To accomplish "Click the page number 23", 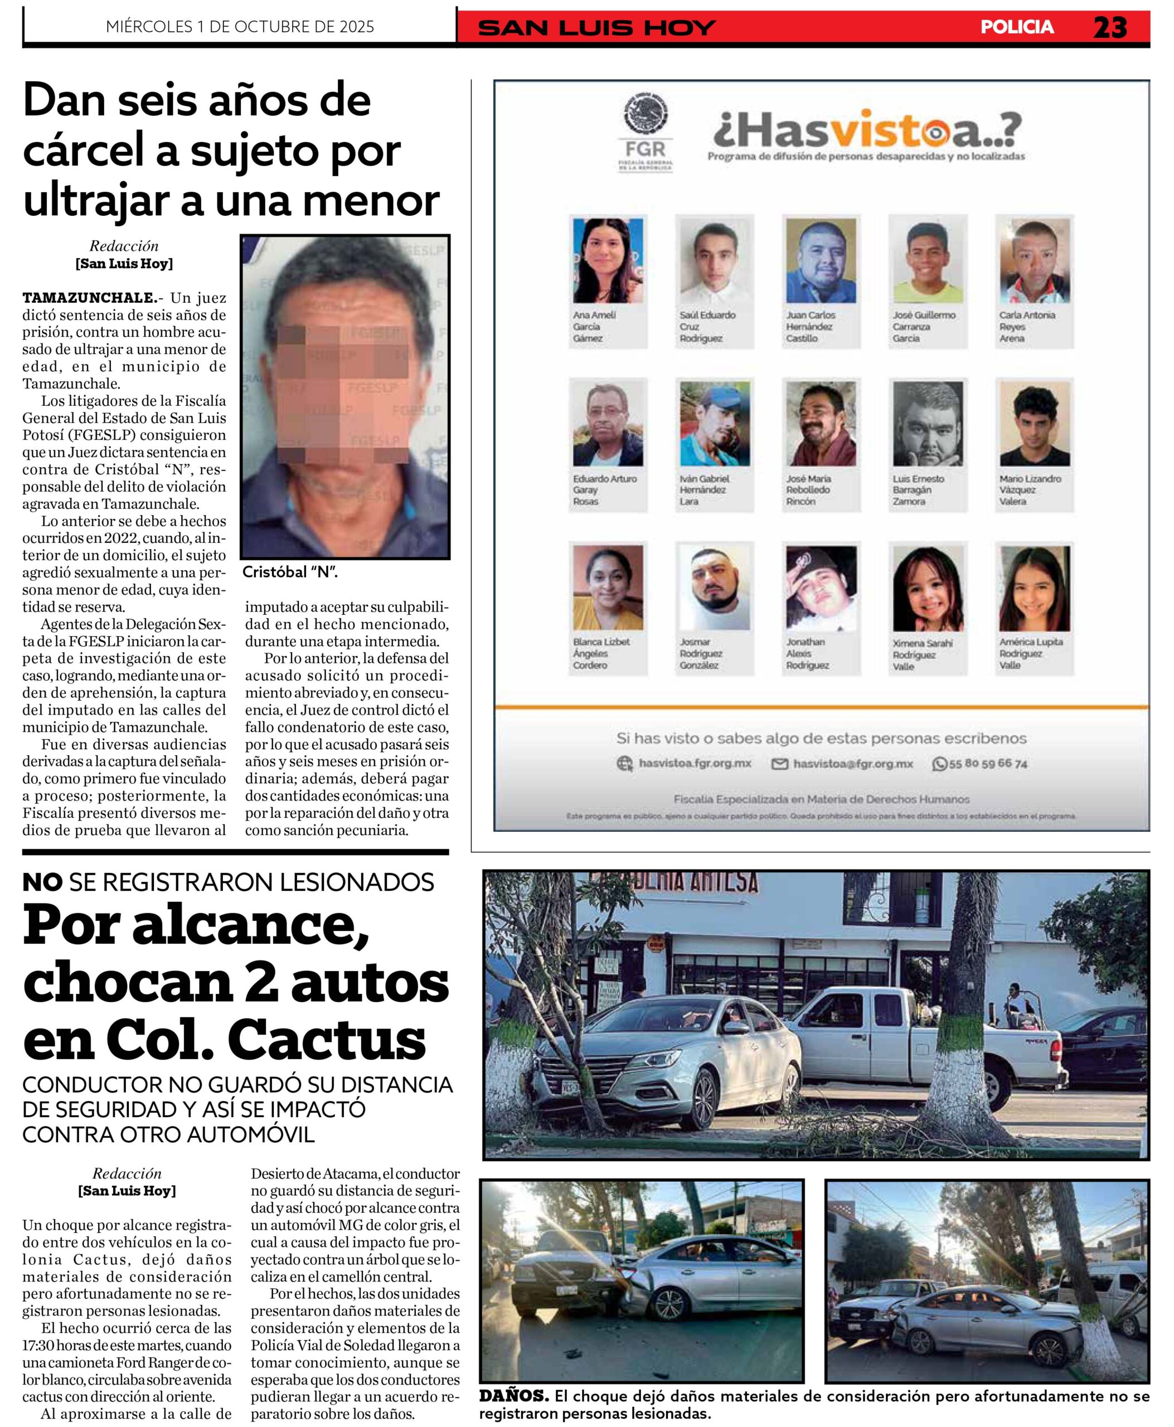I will (1110, 27).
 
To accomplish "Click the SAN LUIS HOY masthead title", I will (596, 28).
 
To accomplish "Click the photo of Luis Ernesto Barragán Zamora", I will (927, 424).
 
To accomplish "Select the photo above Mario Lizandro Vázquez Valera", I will (1034, 424).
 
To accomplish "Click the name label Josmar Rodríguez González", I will (701, 653).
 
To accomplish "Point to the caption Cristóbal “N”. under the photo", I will (290, 572).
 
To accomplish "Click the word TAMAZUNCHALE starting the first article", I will (89, 298).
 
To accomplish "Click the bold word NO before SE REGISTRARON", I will (42, 882).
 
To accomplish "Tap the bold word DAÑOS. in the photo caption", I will (513, 1395).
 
